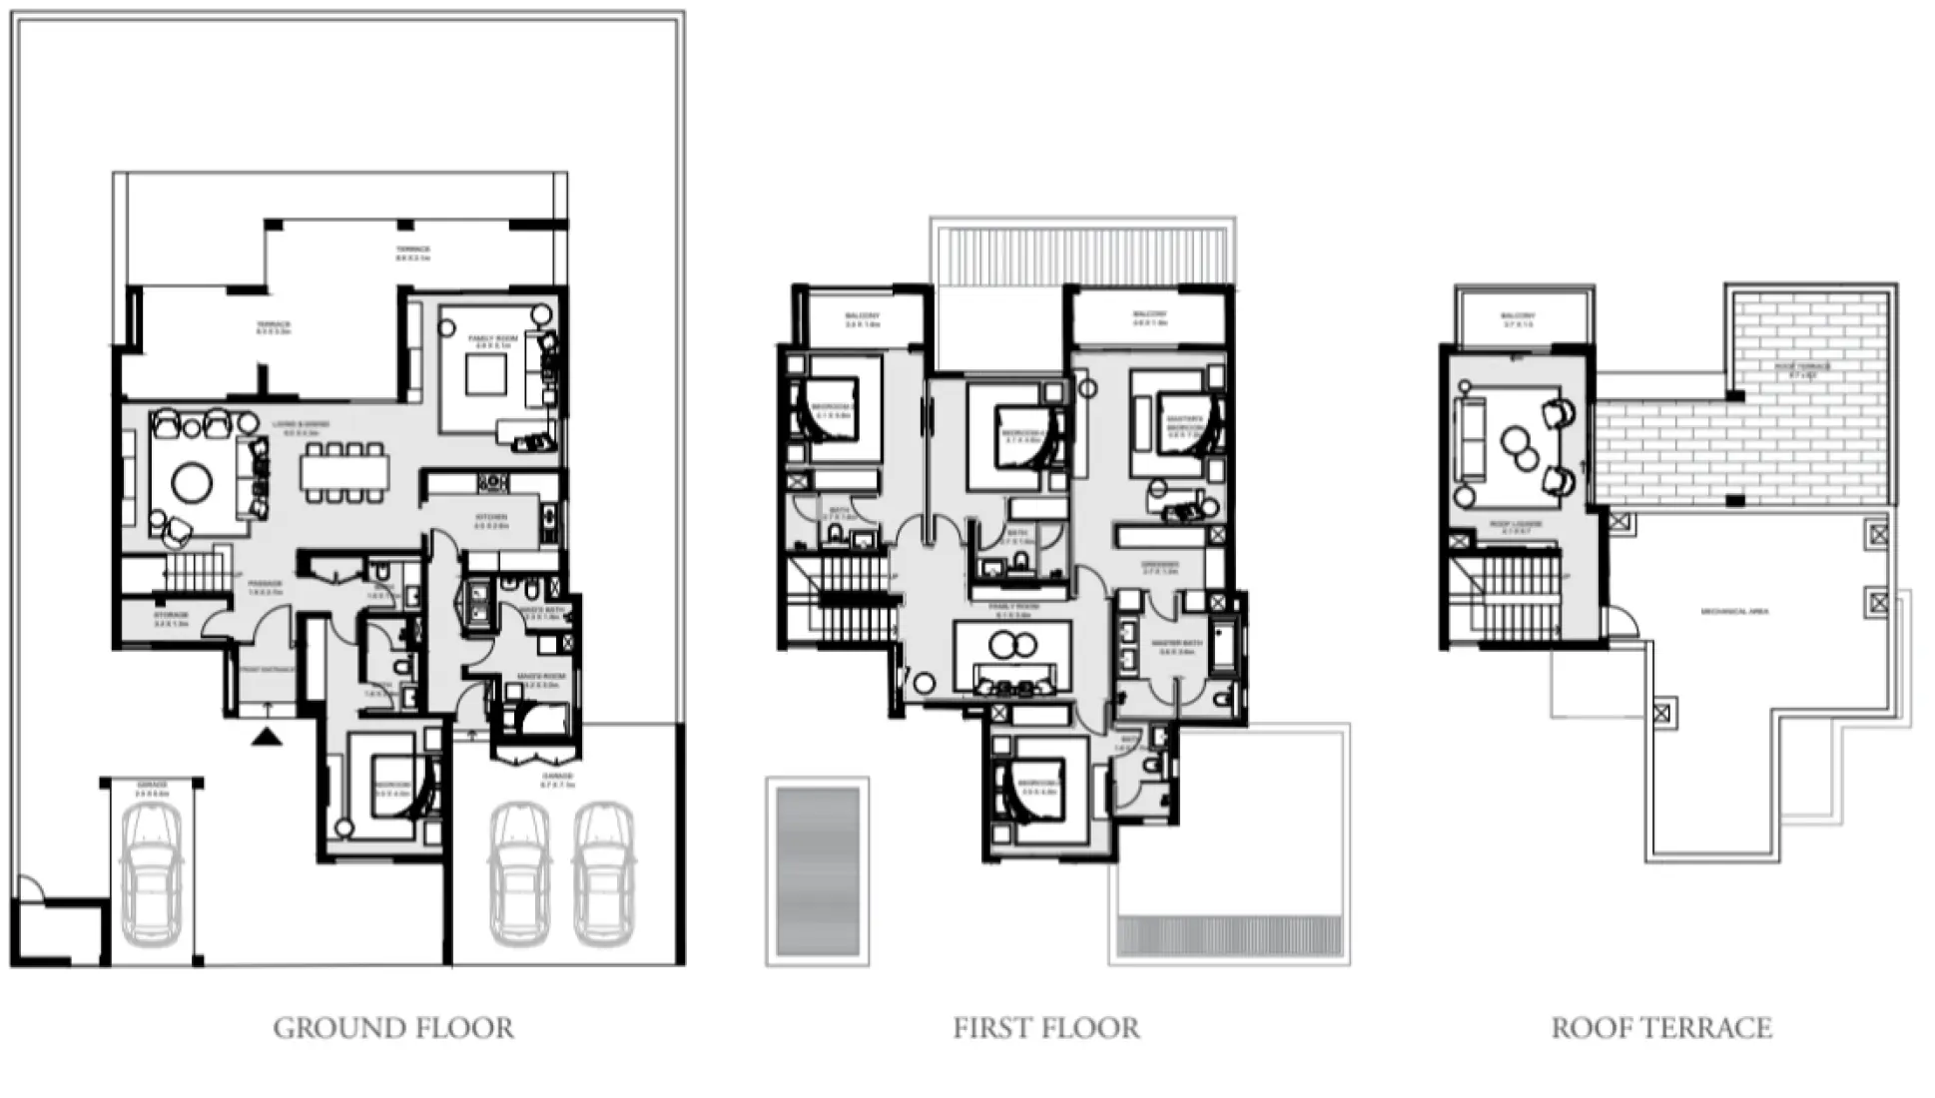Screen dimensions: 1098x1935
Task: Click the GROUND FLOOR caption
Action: [x=393, y=1028]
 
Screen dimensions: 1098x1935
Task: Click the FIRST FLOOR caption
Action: [x=1045, y=1028]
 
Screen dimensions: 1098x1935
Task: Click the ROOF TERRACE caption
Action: [x=1661, y=1028]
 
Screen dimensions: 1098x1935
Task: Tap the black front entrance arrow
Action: [x=267, y=738]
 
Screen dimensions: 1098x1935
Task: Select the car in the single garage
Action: [x=151, y=876]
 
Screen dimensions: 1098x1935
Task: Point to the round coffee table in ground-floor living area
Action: [x=192, y=483]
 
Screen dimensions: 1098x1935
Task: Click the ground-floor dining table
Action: [x=344, y=471]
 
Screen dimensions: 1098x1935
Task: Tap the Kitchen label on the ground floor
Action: [x=491, y=518]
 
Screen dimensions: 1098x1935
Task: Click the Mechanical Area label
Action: [x=1733, y=611]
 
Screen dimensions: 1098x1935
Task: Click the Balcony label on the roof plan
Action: [x=1517, y=317]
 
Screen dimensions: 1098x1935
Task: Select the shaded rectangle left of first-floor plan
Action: [x=818, y=871]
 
